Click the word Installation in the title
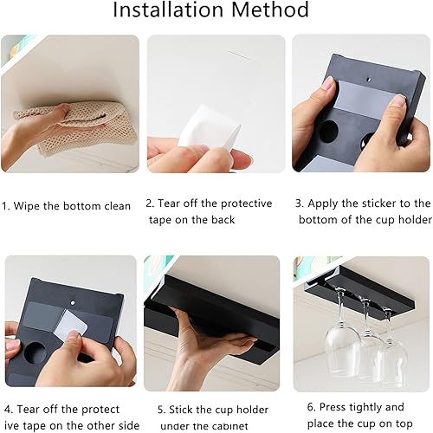point(168,10)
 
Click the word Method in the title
point(270,10)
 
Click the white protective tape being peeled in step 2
point(210,127)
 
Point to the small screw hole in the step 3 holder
point(369,79)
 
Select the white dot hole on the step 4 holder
point(73,303)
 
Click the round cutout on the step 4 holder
point(36,352)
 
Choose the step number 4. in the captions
point(9,410)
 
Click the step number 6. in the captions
point(312,407)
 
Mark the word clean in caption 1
point(118,206)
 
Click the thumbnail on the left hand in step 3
point(327,84)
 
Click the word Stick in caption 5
point(181,410)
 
